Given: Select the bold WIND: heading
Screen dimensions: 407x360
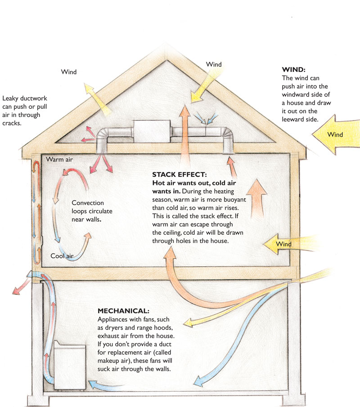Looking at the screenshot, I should tap(293, 70).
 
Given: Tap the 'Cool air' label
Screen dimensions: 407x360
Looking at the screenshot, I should tap(62, 256).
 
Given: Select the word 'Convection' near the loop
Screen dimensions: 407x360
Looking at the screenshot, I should tap(88, 202).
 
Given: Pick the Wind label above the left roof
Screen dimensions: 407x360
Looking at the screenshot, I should tap(69, 72).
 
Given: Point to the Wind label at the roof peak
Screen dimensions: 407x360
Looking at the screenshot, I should tap(214, 64).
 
